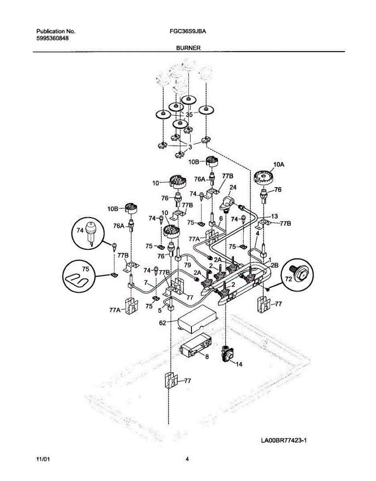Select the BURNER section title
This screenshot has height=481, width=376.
[188, 47]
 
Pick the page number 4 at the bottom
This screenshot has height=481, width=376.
[187, 460]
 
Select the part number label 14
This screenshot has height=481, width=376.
[239, 365]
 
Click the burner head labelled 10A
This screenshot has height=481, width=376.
[263, 177]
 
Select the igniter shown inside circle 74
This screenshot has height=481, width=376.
[89, 231]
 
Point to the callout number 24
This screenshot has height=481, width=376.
[233, 187]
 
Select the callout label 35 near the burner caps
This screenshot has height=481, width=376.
[189, 114]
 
